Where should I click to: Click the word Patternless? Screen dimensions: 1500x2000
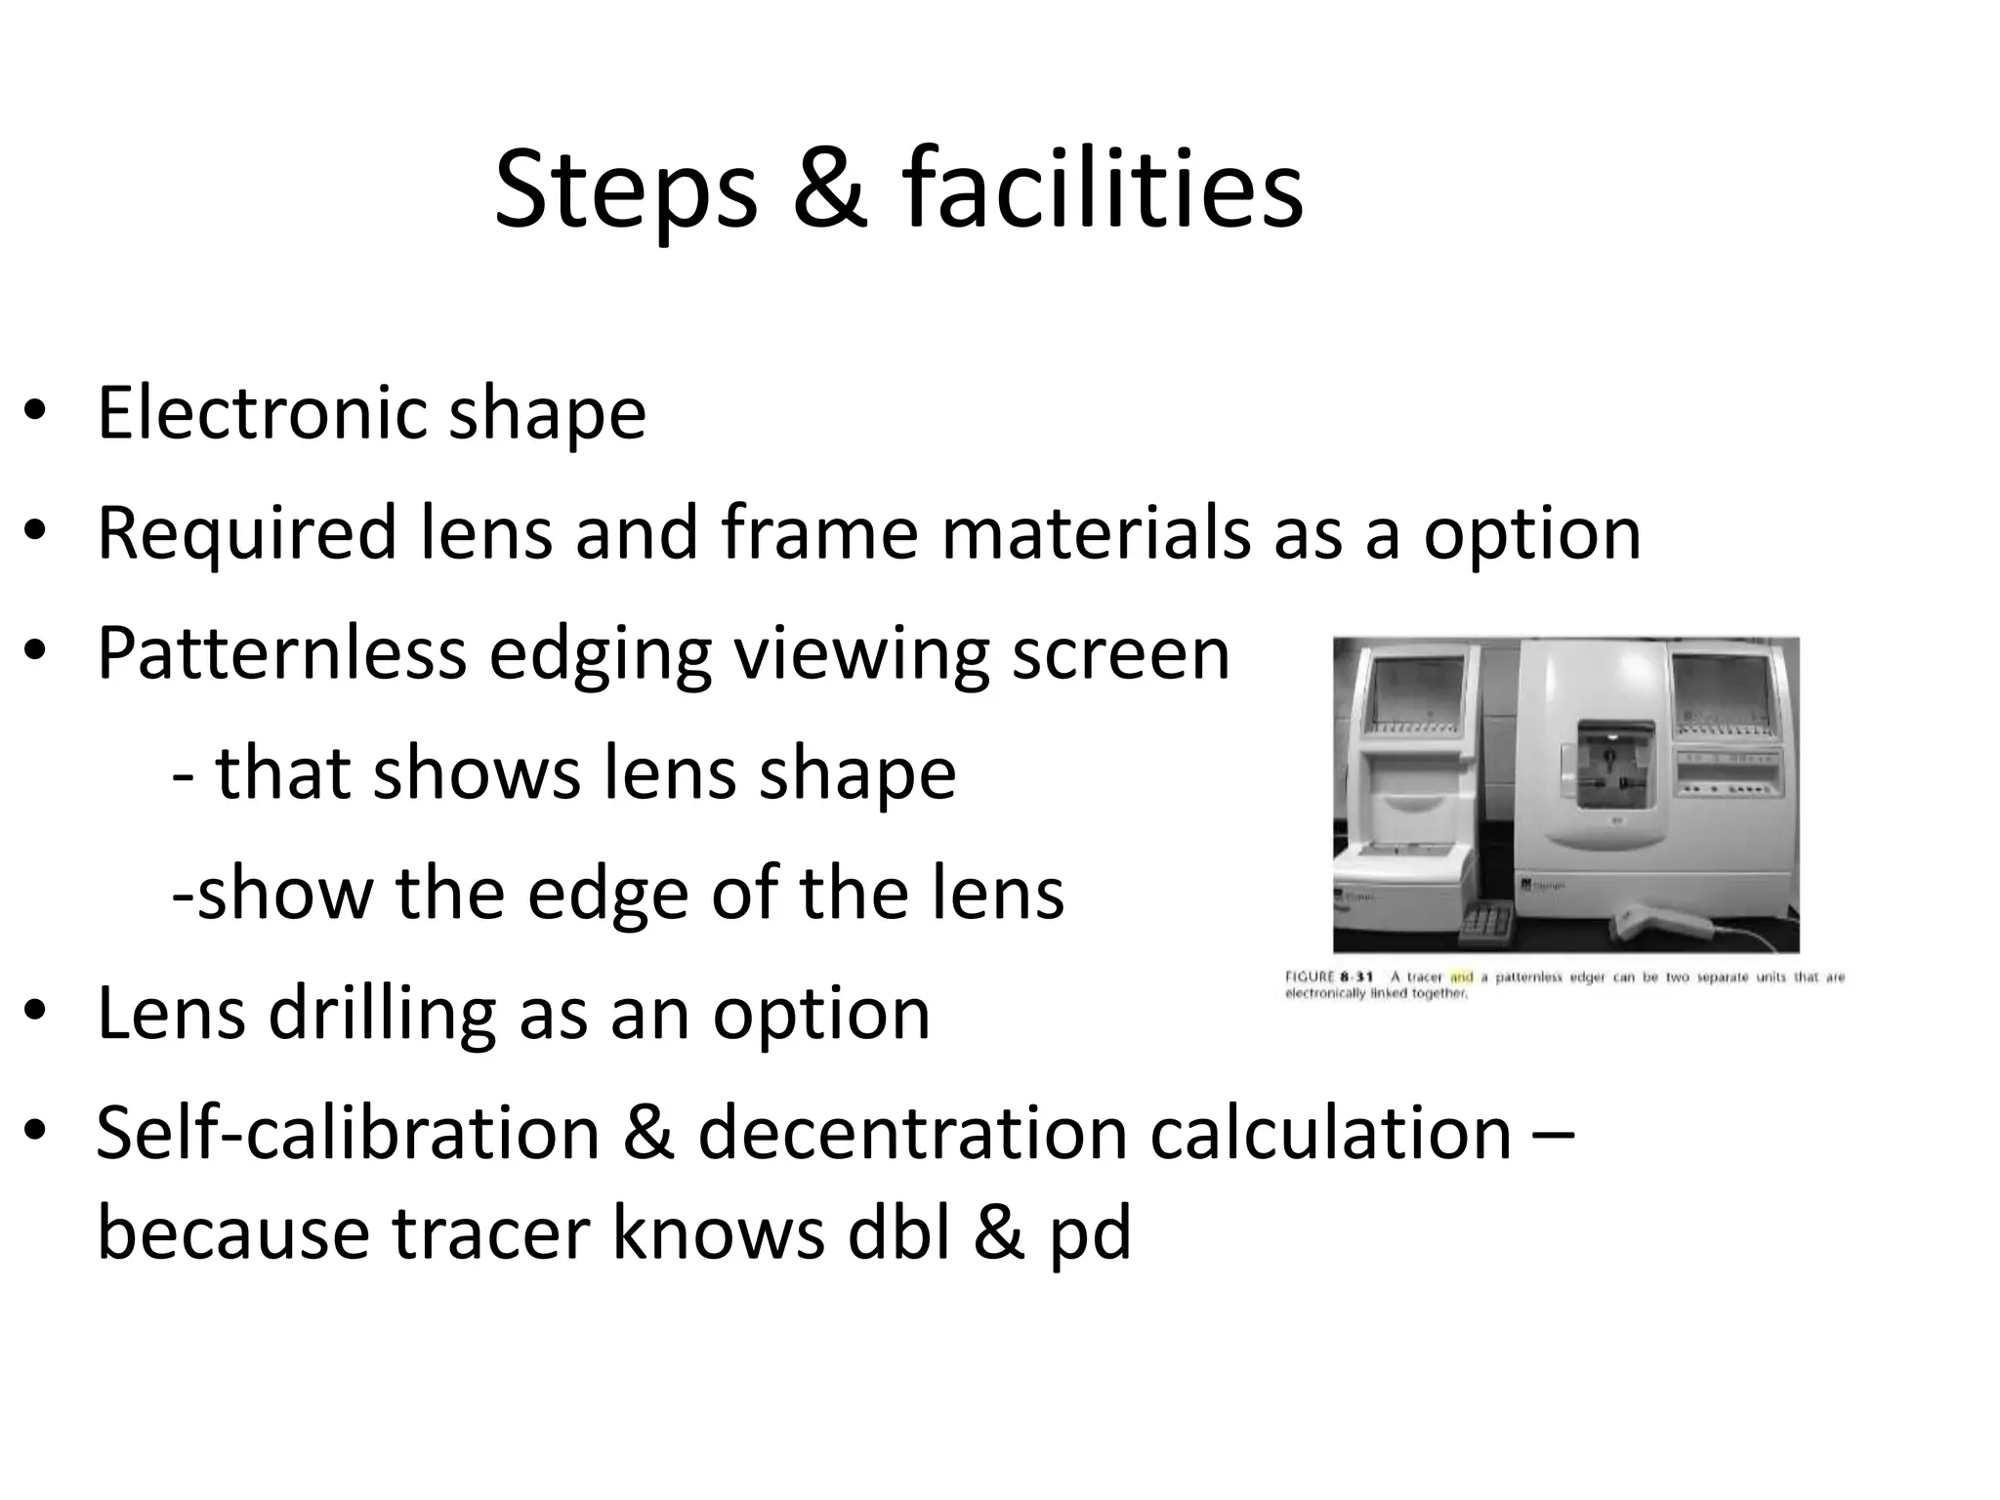pyautogui.click(x=281, y=653)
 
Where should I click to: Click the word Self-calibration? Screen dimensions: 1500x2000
pyautogui.click(x=348, y=1133)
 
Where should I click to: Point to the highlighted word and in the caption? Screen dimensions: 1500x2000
pyautogui.click(x=1461, y=978)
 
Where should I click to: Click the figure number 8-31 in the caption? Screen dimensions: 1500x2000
pyautogui.click(x=1356, y=978)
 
